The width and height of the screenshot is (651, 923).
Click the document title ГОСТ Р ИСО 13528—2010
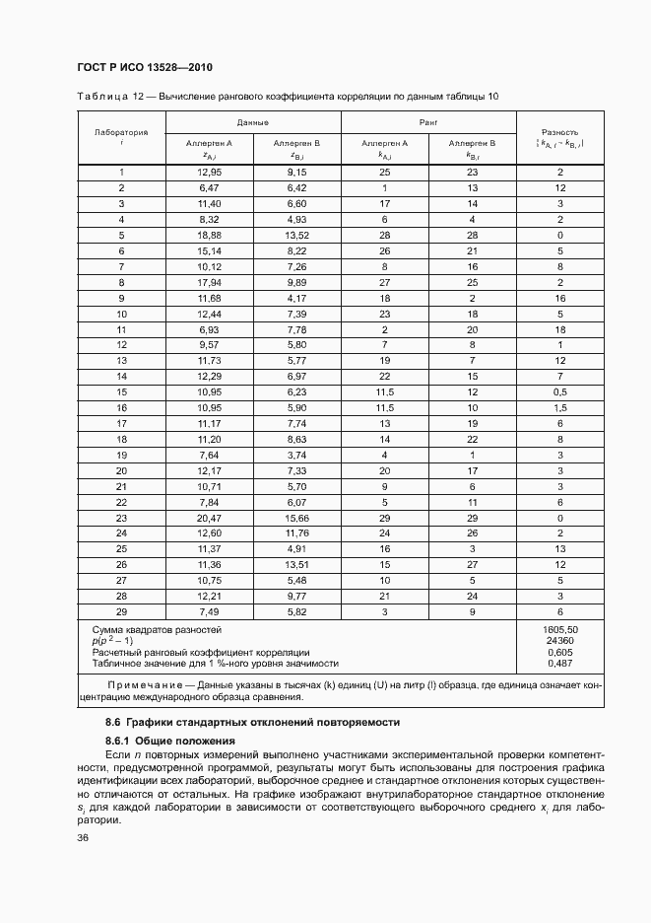144,67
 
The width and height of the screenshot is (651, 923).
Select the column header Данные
253,122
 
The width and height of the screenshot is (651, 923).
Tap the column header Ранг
427,122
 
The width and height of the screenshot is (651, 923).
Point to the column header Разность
559,131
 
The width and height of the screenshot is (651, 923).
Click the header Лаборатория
121,131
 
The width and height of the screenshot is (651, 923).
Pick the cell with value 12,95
209,172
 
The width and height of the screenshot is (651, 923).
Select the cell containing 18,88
209,236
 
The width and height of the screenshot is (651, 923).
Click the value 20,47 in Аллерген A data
209,518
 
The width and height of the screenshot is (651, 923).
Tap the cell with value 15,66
296,518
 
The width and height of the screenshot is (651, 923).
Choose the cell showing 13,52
296,236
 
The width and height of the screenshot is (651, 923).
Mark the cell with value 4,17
296,298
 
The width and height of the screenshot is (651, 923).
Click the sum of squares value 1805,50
559,628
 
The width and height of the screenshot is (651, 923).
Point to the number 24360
559,640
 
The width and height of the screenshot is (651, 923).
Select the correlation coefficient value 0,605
559,652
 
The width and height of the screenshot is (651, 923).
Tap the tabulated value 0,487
559,664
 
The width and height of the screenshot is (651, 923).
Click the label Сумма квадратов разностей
157,628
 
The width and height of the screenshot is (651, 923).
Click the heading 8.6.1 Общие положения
167,740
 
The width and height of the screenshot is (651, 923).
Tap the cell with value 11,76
296,533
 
